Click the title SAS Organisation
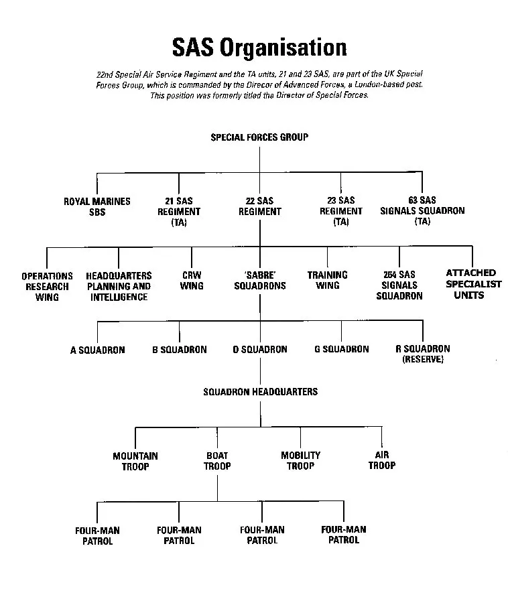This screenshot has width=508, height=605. point(259,48)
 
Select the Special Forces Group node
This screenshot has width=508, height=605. point(259,137)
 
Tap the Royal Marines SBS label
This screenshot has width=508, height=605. point(97,206)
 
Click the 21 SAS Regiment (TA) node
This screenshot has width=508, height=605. point(179,211)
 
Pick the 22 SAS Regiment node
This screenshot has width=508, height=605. point(260,206)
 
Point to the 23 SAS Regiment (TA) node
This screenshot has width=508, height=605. point(341,210)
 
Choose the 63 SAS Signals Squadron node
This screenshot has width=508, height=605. point(422,210)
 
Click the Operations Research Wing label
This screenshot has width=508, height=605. point(47,286)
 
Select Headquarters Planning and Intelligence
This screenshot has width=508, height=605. point(119,286)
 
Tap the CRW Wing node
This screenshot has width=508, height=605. point(192,281)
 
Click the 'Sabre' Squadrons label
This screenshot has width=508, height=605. point(260,281)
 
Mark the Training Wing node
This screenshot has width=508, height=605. point(328,280)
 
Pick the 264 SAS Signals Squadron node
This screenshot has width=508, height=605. point(399,285)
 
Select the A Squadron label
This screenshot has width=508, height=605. point(98,350)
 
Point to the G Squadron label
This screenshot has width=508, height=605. point(342,349)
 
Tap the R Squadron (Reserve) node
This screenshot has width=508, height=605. point(423,354)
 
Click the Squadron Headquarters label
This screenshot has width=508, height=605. point(261,391)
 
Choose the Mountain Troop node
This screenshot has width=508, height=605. point(135,461)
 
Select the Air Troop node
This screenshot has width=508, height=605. point(382,460)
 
